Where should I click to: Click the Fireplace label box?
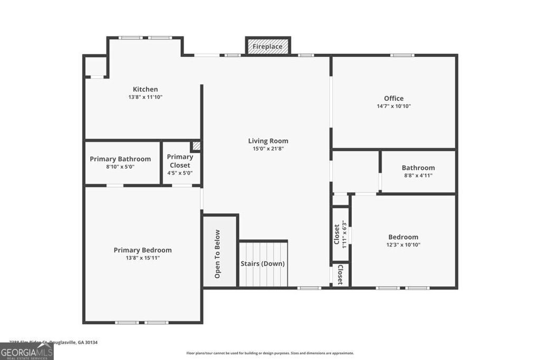click(x=267, y=46)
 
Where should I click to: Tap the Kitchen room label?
click(x=145, y=89)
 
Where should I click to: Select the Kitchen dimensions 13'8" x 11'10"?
click(x=145, y=97)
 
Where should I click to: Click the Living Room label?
click(x=268, y=141)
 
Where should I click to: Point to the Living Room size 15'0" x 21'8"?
click(x=268, y=149)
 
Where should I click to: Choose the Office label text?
click(x=393, y=98)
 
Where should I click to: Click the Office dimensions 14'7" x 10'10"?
click(x=393, y=106)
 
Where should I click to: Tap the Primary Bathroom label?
click(x=120, y=159)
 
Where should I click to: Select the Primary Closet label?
click(x=180, y=161)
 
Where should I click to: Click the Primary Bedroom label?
click(x=142, y=250)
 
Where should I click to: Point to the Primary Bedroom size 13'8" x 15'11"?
click(x=142, y=258)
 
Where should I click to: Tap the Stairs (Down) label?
click(x=263, y=264)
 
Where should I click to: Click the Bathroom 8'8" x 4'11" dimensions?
click(x=418, y=176)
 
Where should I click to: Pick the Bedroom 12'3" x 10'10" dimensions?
click(x=403, y=245)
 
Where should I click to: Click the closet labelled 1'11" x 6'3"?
click(x=340, y=235)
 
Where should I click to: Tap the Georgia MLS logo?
click(x=26, y=352)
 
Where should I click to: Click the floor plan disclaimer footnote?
click(x=270, y=353)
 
